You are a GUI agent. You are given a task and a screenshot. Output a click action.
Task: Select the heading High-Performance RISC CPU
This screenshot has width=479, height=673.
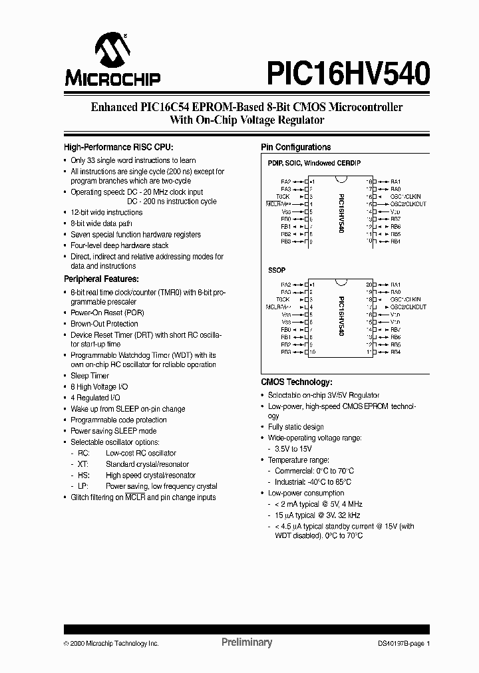coord(118,147)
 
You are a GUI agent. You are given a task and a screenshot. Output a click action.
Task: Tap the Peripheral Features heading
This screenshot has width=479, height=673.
coord(100,279)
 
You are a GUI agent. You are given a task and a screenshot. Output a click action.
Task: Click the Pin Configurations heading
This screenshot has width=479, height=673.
coord(295,147)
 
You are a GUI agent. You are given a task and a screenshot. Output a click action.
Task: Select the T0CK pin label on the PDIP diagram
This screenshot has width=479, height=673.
coord(283,197)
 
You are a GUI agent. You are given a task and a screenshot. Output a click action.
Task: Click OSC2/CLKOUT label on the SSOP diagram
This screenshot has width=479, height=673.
coord(408,307)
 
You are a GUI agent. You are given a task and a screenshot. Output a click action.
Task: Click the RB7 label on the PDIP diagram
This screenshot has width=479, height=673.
coord(395,219)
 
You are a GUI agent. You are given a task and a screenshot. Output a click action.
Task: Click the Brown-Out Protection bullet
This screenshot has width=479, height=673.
coord(104,324)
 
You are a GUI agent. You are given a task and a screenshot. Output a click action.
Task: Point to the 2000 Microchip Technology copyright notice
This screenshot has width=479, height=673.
coord(111,644)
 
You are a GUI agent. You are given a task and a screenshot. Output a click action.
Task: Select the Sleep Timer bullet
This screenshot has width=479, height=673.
coord(90,376)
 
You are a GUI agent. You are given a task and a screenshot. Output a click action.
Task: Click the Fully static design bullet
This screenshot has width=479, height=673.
coord(295,427)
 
